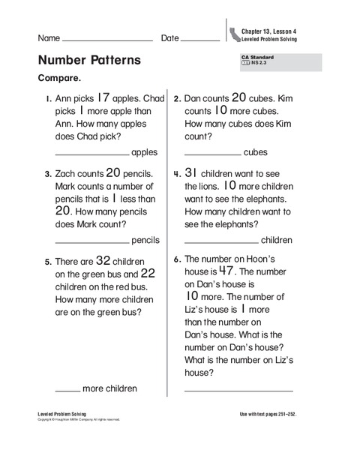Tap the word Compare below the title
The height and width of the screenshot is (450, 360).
(59, 78)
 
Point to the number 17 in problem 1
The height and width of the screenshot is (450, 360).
(104, 97)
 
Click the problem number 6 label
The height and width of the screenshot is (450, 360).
(177, 260)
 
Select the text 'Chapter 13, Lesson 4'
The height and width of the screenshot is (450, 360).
(269, 30)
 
